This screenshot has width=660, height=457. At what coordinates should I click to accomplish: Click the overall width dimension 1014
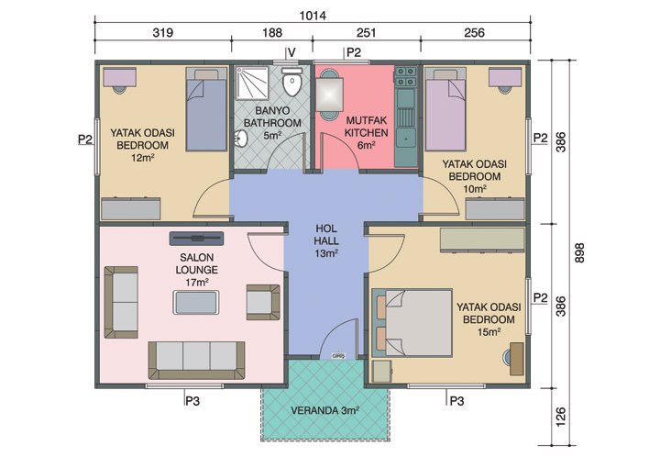coord(313,16)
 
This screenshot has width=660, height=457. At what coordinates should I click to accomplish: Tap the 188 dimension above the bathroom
coord(271,34)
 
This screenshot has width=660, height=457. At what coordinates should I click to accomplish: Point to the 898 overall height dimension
coord(578,259)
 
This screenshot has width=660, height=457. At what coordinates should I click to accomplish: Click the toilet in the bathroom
coord(292,85)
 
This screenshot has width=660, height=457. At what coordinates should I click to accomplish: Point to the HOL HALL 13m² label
coord(326,240)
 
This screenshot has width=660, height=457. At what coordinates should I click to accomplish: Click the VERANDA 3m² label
coord(326,410)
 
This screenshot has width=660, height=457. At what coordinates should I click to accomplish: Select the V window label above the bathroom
coord(291,52)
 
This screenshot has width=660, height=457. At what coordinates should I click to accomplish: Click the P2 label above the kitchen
coord(352,52)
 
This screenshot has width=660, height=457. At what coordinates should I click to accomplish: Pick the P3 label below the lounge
coord(193,399)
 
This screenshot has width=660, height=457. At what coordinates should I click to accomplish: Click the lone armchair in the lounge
coord(261,302)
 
